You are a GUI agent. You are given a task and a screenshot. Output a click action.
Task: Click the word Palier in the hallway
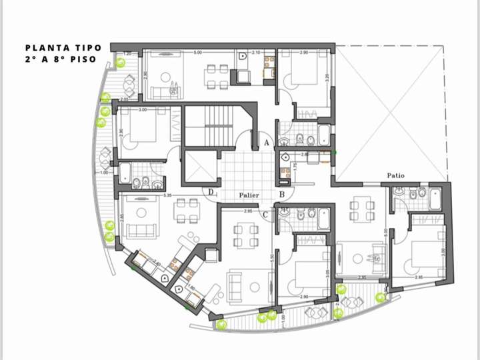249,195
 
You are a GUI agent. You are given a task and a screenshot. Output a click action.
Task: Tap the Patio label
395,176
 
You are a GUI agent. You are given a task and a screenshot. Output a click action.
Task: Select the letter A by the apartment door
265,143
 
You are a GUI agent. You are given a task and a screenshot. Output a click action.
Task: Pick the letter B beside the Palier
282,195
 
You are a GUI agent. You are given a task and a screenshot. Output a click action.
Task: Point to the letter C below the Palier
265,214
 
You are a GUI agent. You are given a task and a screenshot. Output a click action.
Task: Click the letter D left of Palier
211,193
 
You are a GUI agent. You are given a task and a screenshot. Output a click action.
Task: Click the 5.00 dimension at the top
198,52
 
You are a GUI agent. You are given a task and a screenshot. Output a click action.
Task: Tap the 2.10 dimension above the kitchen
256,52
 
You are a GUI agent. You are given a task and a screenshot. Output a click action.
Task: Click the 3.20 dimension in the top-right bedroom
327,77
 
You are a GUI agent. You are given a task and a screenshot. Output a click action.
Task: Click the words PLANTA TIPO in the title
63,47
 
